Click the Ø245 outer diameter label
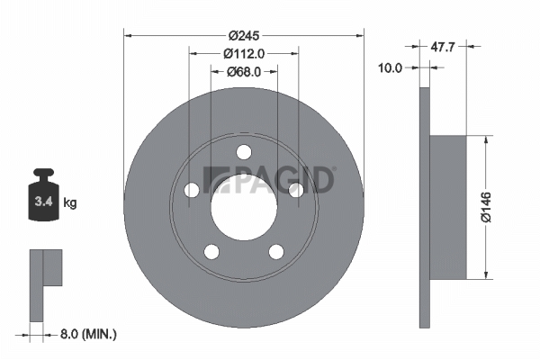[244, 35]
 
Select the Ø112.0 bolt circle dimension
[244, 53]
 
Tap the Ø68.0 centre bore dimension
[244, 72]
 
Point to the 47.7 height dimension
[443, 47]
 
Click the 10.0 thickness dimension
[391, 67]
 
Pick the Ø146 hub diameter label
[486, 207]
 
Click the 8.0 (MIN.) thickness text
[88, 334]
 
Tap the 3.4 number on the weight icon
[43, 202]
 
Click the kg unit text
[70, 202]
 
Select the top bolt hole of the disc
[244, 152]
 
